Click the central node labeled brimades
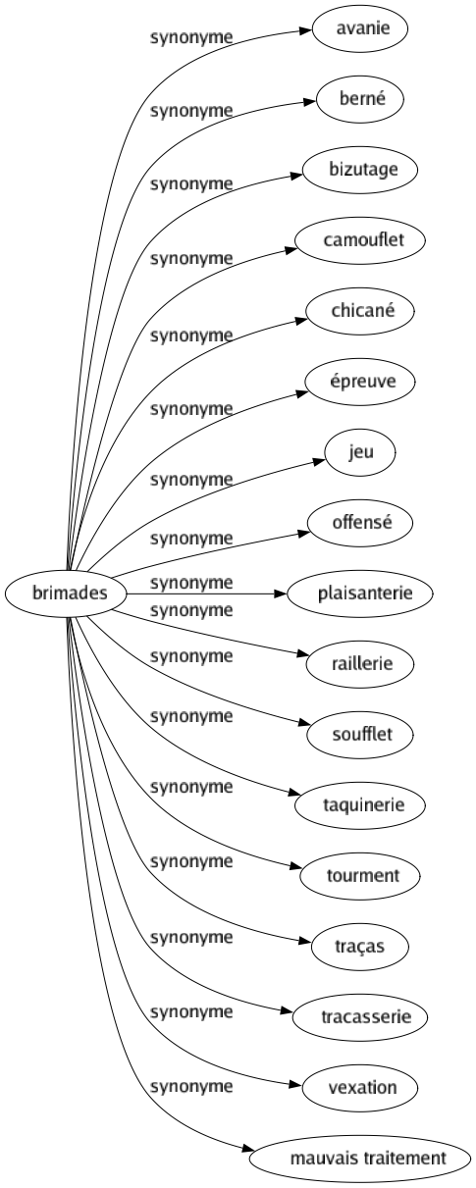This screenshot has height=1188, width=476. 67,593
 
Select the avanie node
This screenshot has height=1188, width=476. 360,28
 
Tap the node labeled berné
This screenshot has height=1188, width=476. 360,99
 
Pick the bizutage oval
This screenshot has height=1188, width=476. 360,169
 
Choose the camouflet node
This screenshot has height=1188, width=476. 360,239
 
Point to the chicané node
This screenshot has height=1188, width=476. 360,310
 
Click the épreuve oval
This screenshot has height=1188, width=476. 360,381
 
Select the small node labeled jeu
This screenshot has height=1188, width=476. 360,452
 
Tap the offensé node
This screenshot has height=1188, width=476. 360,523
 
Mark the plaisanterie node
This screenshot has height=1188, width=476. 360,593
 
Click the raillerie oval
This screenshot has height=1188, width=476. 360,663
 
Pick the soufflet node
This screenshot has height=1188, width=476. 360,734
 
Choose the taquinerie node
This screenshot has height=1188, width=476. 360,804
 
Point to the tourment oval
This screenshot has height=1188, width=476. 360,875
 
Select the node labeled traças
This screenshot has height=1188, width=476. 360,946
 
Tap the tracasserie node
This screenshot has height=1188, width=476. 360,1016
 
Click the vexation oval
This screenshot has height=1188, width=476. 360,1087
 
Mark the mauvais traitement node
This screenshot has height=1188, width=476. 360,1158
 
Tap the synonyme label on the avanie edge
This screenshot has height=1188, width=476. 191,37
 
